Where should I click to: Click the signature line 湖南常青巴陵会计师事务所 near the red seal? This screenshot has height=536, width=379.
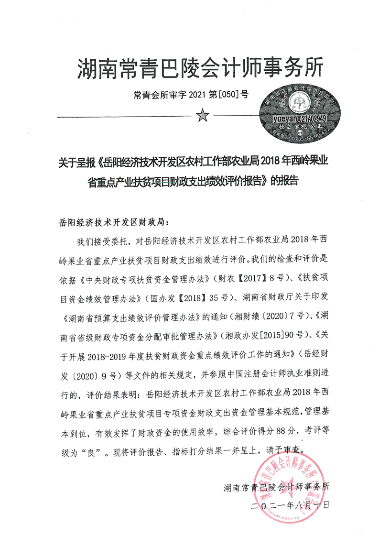(x=276, y=487)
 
